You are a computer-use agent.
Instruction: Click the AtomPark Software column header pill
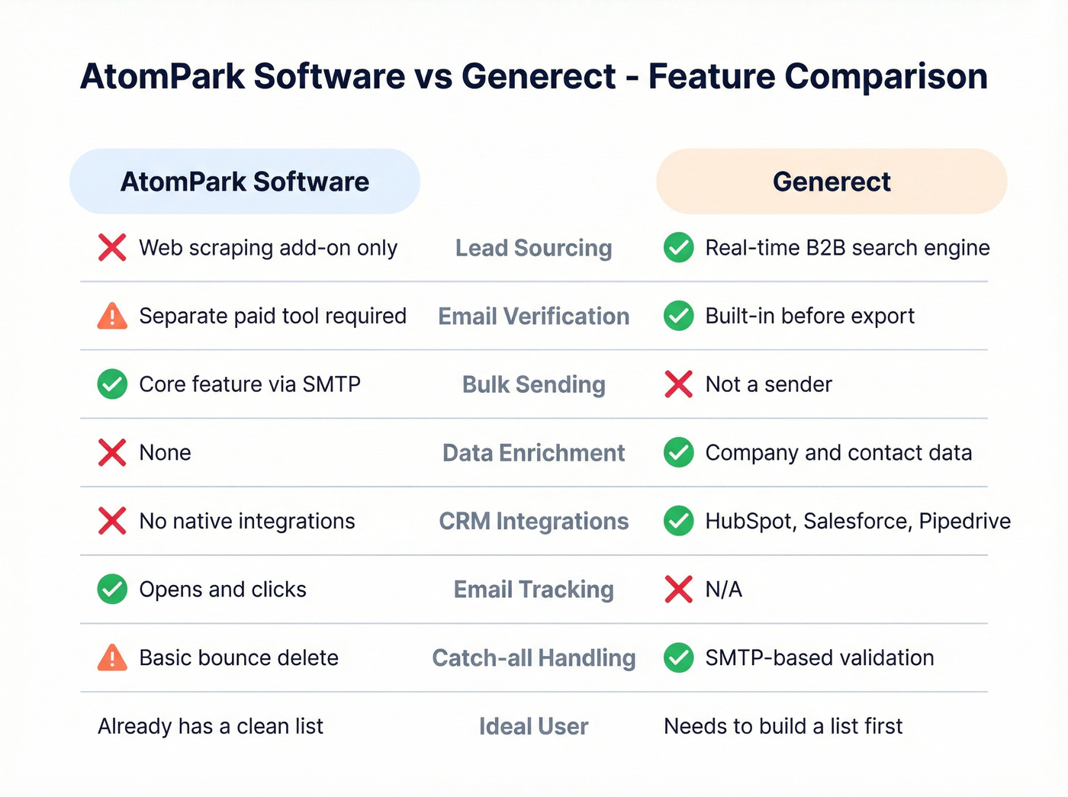click(x=244, y=182)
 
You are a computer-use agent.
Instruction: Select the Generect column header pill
click(x=832, y=182)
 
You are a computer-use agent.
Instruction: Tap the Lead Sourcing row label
click(x=533, y=248)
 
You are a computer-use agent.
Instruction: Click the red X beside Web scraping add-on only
click(x=112, y=247)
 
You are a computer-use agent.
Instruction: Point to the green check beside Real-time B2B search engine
click(x=678, y=247)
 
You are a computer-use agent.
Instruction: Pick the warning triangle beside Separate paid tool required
click(x=112, y=316)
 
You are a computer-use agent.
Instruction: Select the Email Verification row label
click(x=533, y=317)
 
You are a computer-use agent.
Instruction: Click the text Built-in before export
click(x=809, y=316)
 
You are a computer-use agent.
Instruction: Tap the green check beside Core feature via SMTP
click(x=112, y=384)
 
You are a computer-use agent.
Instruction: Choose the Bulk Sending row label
click(x=533, y=384)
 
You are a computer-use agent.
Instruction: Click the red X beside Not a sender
click(x=678, y=384)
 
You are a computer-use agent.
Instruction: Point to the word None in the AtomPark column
click(x=165, y=453)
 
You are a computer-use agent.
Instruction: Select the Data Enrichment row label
click(x=533, y=453)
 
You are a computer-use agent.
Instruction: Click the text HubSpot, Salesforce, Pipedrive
click(x=857, y=521)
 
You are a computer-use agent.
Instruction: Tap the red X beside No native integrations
click(x=112, y=521)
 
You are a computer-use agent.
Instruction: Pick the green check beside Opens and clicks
click(x=112, y=590)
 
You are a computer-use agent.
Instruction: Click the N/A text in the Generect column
click(x=723, y=590)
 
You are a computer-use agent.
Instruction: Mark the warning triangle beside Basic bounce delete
click(x=112, y=657)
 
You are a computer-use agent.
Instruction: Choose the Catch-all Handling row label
click(x=533, y=658)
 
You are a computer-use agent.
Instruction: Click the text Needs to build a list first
click(x=783, y=726)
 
